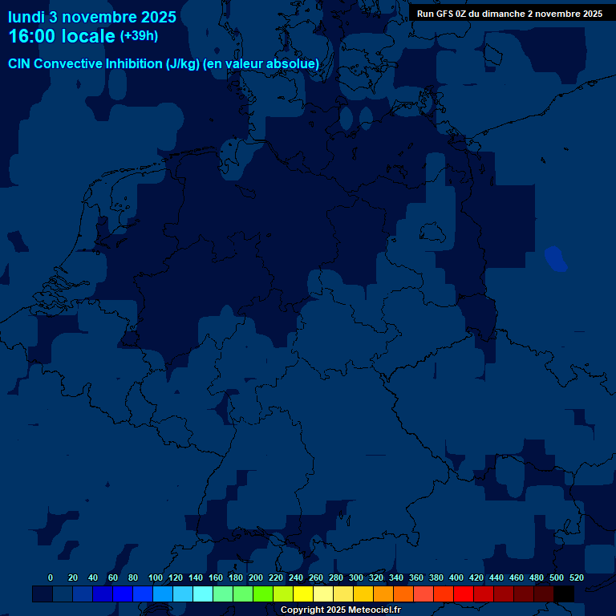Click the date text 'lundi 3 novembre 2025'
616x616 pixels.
coord(92,16)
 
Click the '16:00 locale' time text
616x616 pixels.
coord(62,36)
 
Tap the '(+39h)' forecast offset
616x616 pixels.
coord(139,36)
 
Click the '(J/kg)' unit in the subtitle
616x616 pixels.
coord(182,64)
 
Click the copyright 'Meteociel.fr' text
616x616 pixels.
coord(369,610)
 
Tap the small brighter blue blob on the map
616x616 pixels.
coord(555,259)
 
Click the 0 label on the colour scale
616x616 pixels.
coord(51,577)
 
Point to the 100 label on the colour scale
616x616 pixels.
coord(153,577)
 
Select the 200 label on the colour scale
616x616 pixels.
coord(256,577)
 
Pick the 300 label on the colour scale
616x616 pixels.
coord(356,577)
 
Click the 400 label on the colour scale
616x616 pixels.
coord(456,577)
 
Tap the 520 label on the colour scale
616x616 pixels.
coord(576,577)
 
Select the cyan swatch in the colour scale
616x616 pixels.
coord(203,594)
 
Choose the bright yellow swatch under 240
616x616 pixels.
coord(303,594)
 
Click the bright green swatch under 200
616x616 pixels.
coord(263,594)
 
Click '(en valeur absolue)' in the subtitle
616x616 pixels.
coord(261,64)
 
